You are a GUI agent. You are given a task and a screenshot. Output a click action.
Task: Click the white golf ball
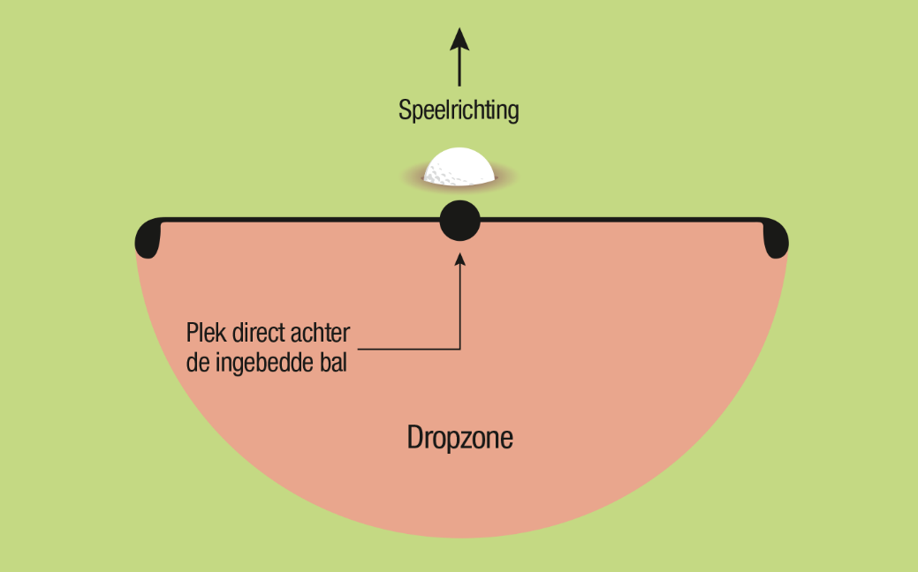coord(459,166)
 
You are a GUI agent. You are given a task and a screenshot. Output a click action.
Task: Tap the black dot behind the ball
coord(460,221)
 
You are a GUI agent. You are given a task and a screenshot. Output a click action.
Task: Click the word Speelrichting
coord(459,110)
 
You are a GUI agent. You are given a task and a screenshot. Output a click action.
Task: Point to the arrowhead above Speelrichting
coord(459,39)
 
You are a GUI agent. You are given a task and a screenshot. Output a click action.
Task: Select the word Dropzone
coord(460,438)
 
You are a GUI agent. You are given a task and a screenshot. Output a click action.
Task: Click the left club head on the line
coord(148,238)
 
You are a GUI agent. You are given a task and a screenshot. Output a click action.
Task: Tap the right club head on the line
coord(776,238)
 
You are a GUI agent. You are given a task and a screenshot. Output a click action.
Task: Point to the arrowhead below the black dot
coord(460,260)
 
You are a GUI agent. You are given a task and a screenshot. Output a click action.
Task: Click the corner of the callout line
coord(460,350)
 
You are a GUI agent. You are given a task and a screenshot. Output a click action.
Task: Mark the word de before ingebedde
coord(198,362)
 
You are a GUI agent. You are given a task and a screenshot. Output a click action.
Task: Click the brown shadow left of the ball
coord(412,176)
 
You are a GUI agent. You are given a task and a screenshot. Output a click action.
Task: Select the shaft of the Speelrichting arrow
coord(459,68)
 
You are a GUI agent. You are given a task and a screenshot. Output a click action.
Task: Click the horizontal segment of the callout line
coord(409,350)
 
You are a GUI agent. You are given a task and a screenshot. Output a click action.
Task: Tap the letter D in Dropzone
coord(413,437)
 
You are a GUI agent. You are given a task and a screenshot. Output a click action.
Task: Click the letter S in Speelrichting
coord(404,109)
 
